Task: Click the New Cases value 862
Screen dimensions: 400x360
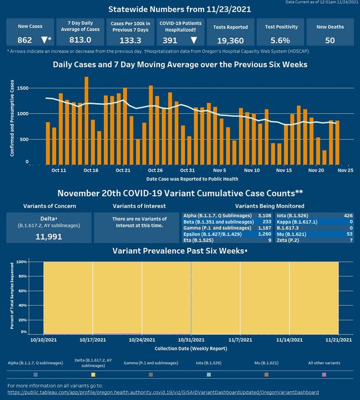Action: click(24, 40)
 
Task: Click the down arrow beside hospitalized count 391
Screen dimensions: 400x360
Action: click(193, 40)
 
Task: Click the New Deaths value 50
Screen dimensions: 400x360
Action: click(329, 40)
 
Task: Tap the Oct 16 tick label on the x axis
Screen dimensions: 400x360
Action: click(91, 169)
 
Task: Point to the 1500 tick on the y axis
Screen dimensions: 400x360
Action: click(23, 88)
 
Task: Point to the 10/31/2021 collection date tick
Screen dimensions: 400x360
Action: click(191, 339)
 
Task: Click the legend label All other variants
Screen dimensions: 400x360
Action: click(324, 362)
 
